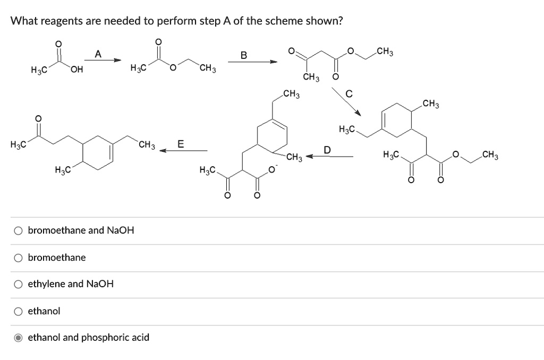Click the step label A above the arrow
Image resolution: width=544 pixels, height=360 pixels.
coord(97,54)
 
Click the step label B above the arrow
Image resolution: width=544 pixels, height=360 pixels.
coord(243,55)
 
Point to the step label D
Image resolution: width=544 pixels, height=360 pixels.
coord(328,149)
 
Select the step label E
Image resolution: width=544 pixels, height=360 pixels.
coord(181,144)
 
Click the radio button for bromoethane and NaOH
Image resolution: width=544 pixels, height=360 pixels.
coord(19,230)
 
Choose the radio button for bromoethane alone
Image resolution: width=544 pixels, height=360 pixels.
coord(19,258)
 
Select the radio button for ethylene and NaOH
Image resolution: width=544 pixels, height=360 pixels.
coord(19,284)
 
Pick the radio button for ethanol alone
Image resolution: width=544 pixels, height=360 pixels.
coord(19,311)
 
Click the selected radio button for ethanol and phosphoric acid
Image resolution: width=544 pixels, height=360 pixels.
coord(19,338)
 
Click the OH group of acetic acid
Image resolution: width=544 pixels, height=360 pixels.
coord(76,68)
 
